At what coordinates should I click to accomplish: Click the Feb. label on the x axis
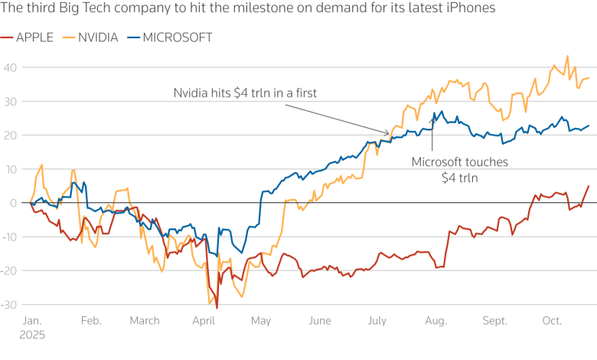(x=91, y=321)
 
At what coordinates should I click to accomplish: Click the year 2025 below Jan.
(x=31, y=335)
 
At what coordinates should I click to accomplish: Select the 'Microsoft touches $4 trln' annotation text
(x=459, y=169)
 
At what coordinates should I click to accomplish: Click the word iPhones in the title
(x=471, y=8)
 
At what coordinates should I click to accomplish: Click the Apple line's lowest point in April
(x=217, y=308)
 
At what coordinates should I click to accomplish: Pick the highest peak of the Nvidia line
(x=567, y=56)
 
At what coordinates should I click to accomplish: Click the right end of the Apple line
(x=589, y=185)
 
